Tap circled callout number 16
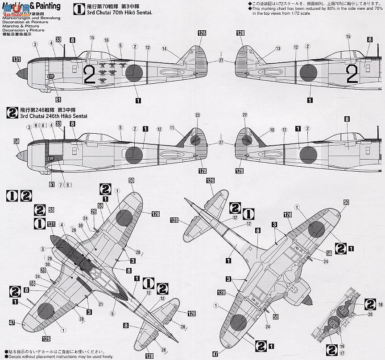[x=107, y=40]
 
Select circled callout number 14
[x=164, y=49]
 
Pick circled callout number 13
[x=278, y=49]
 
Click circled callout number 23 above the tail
[x=197, y=115]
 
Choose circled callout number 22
[x=244, y=115]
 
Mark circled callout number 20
[x=370, y=314]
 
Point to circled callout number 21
[x=101, y=304]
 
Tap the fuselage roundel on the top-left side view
[x=133, y=72]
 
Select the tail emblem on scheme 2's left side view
[x=195, y=140]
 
